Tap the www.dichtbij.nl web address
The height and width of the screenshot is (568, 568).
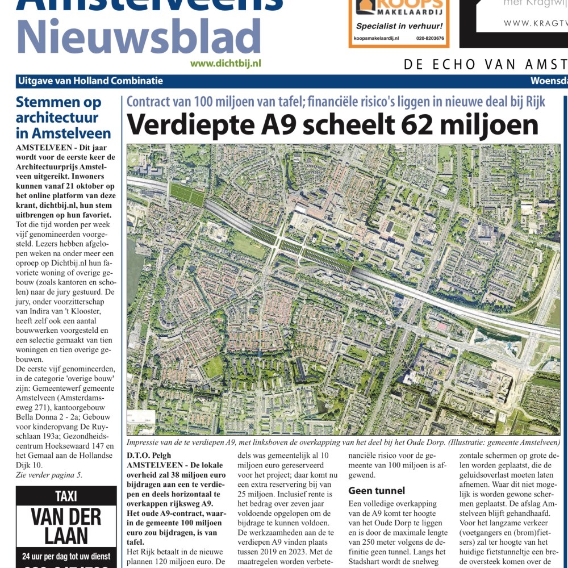pos(225,64)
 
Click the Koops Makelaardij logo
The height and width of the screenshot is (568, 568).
pos(398,9)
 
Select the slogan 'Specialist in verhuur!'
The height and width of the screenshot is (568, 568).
pos(399,26)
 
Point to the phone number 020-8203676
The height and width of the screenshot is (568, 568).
pos(429,39)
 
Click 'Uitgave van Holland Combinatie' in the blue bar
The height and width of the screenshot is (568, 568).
pos(90,81)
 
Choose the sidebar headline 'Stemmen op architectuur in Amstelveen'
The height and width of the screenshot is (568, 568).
pos(63,118)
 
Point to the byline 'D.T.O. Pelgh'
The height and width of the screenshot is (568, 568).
pos(149,455)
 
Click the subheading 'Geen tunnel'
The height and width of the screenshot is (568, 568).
pos(377,491)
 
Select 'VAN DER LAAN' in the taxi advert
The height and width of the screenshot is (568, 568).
pos(66,526)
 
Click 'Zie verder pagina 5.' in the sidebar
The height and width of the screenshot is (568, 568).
pos(49,475)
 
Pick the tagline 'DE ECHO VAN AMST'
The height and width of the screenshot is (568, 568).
pos(486,64)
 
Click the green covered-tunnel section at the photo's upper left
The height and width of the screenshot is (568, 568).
pos(187,195)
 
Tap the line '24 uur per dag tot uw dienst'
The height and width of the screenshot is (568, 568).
pos(66,556)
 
